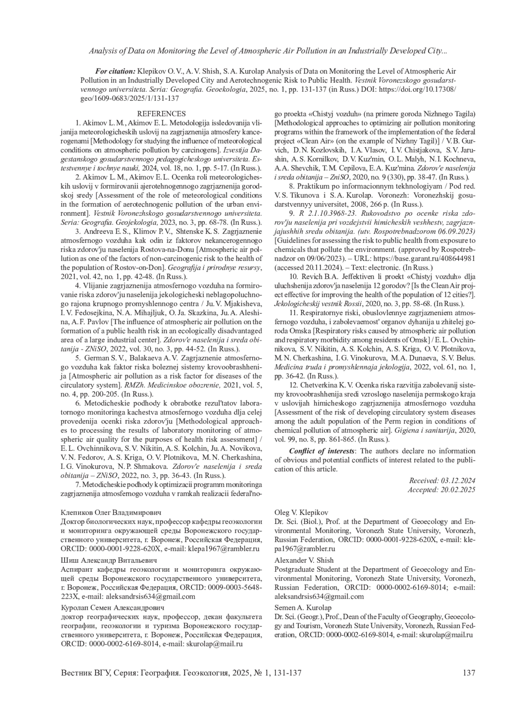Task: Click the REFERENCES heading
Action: [x=161, y=114]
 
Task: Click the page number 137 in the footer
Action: [x=468, y=673]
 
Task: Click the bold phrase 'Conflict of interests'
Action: [x=322, y=451]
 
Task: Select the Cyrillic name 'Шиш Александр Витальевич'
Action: [x=109, y=560]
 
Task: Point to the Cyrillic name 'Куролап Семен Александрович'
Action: [x=113, y=607]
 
